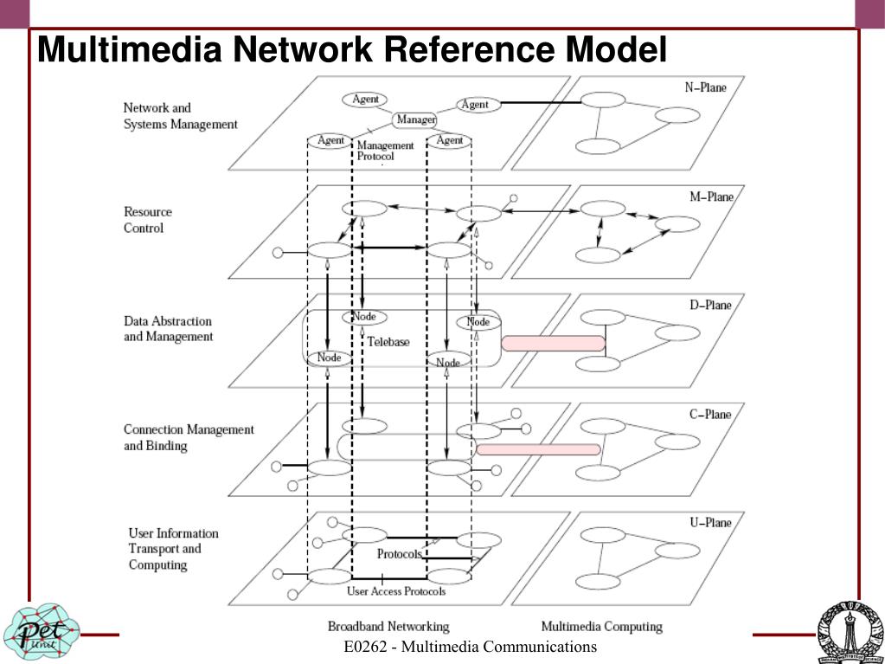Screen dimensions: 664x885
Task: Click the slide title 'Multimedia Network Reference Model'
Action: [351, 49]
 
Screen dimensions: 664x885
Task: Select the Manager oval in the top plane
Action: [415, 119]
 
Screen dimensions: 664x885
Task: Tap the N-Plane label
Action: [705, 87]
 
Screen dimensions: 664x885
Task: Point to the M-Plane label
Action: [710, 197]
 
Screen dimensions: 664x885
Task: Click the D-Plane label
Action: [709, 305]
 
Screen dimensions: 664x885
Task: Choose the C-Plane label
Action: [709, 414]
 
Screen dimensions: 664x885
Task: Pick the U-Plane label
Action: [709, 522]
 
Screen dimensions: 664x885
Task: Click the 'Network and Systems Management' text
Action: [180, 116]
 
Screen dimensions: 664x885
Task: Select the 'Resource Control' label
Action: [147, 220]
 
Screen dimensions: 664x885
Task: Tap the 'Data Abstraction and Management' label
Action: [168, 329]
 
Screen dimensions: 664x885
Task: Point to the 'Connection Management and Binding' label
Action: [188, 437]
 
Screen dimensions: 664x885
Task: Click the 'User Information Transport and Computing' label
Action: [173, 549]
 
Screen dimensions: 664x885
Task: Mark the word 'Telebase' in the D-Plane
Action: [388, 342]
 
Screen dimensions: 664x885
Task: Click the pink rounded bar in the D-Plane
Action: [553, 344]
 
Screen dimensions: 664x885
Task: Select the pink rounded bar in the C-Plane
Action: [537, 449]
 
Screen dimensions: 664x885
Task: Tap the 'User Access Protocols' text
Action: [396, 591]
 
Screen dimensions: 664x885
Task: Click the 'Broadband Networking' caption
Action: [388, 626]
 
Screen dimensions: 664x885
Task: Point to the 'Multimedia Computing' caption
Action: [601, 626]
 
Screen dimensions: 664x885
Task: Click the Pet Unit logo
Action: [40, 630]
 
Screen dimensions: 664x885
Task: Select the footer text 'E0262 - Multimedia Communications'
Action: [470, 647]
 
